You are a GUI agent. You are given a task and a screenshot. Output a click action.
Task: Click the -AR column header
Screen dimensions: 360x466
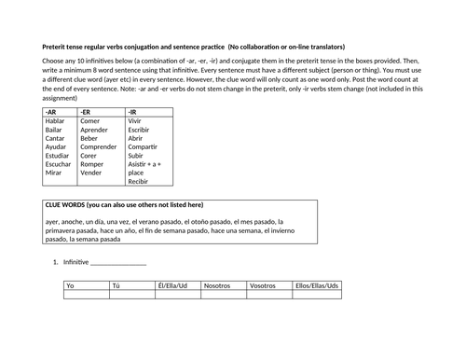coord(51,111)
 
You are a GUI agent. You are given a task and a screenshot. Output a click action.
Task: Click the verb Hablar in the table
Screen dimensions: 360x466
coord(57,120)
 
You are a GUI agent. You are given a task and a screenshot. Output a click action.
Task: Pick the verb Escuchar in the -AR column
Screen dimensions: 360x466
coord(60,163)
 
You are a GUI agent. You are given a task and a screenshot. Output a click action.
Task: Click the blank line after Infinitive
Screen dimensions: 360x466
coord(118,264)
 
